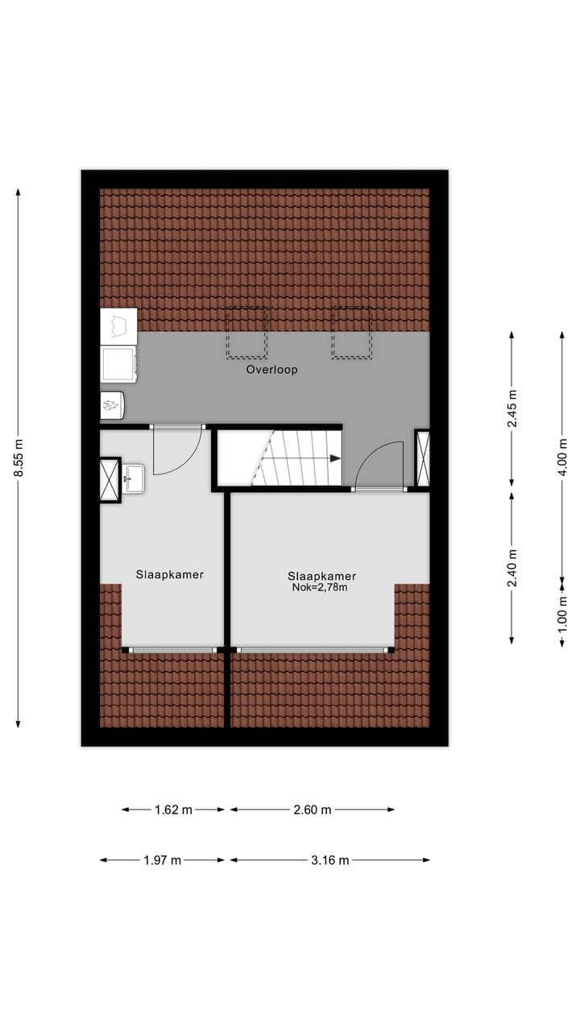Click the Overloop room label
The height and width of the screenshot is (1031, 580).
click(x=271, y=371)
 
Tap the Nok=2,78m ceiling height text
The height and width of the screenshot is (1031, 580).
click(x=321, y=588)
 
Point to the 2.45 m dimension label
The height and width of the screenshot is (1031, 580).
click(x=512, y=409)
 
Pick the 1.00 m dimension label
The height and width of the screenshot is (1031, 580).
click(x=562, y=611)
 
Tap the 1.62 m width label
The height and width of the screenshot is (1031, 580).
click(x=173, y=809)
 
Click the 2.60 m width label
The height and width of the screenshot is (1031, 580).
click(x=313, y=809)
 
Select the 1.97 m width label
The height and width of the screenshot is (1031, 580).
click(x=162, y=860)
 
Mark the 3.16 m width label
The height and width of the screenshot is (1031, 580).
click(x=329, y=860)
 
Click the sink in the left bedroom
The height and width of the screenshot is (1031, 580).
click(x=134, y=478)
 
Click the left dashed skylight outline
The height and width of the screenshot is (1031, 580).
click(x=246, y=332)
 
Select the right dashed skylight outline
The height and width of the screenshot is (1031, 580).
click(x=351, y=332)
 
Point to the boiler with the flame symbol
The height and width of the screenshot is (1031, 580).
click(x=112, y=405)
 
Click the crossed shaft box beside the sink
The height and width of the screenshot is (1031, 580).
click(x=109, y=480)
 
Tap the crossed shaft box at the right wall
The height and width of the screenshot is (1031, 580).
click(x=422, y=458)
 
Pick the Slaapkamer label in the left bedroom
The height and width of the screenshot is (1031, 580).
click(x=169, y=575)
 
